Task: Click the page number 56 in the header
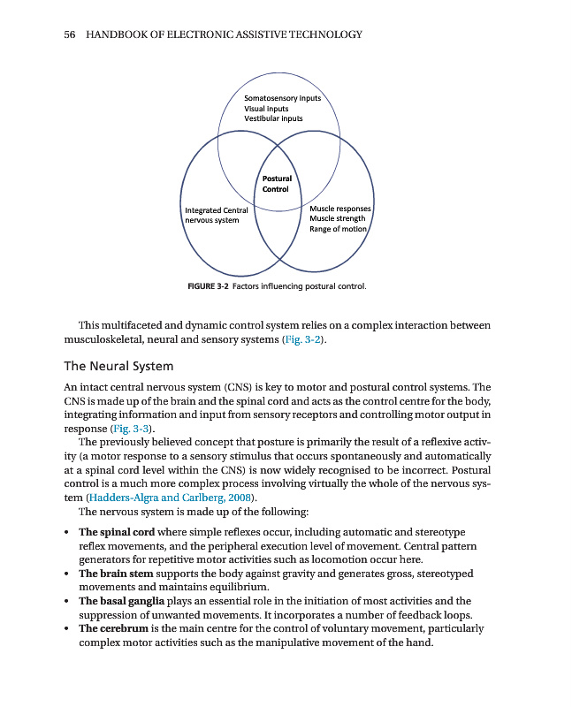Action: pos(71,34)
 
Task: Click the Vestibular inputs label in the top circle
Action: pos(273,118)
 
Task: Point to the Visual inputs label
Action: pos(266,109)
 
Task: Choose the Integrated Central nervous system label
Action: pos(216,215)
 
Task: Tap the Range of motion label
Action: pos(338,229)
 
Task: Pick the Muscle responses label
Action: pos(340,209)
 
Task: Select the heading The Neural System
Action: pos(118,366)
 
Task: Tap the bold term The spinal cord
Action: pos(112,533)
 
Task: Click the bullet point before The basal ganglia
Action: pos(68,601)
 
